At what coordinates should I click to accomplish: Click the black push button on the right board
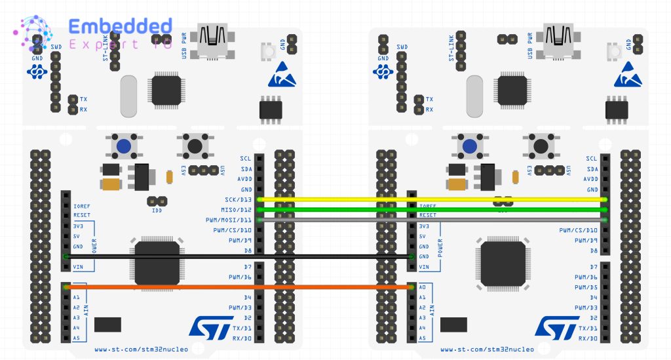(540, 145)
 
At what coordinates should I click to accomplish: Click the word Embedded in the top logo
(120, 27)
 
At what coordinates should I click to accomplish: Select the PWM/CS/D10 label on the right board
(579, 230)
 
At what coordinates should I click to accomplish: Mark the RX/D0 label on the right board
(588, 338)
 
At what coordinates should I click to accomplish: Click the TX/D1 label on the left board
(242, 328)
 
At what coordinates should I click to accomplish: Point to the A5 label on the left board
(76, 338)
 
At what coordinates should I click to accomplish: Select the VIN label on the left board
(78, 267)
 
